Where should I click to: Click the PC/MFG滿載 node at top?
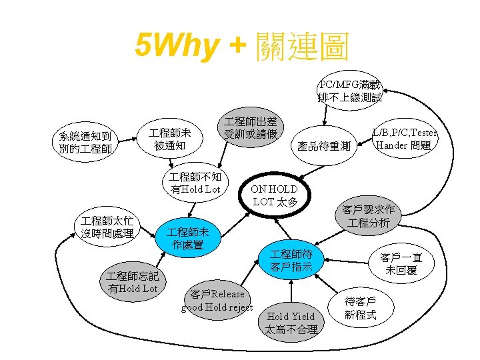(x=350, y=91)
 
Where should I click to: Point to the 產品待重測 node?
(x=323, y=146)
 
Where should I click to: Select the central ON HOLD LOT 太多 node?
(x=274, y=195)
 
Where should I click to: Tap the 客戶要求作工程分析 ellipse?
(x=368, y=216)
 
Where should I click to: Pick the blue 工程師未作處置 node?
(x=187, y=238)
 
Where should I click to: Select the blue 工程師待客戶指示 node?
(x=291, y=260)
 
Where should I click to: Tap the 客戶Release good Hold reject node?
(x=217, y=301)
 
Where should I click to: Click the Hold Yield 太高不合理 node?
(x=291, y=323)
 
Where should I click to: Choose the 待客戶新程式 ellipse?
(x=361, y=307)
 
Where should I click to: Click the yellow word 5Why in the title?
(x=176, y=46)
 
